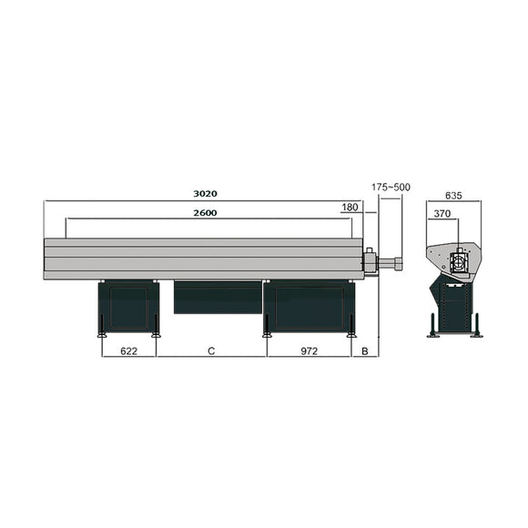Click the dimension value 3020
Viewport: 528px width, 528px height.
click(205, 194)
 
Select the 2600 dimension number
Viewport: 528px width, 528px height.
click(205, 212)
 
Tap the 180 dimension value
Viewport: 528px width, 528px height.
click(350, 208)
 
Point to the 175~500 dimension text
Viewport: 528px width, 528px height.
click(391, 187)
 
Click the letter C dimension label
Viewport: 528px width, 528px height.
click(211, 350)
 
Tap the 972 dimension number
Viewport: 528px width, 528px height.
click(309, 350)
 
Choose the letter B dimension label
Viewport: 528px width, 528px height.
click(365, 350)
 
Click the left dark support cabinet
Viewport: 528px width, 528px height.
click(128, 306)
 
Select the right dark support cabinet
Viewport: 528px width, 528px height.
click(309, 306)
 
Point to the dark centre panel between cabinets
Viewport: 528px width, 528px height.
click(218, 297)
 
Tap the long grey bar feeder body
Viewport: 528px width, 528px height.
click(205, 259)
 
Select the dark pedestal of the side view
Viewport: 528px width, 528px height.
click(453, 308)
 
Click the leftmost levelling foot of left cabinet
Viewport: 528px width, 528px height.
click(102, 333)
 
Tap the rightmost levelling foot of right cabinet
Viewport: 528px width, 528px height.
click(352, 333)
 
